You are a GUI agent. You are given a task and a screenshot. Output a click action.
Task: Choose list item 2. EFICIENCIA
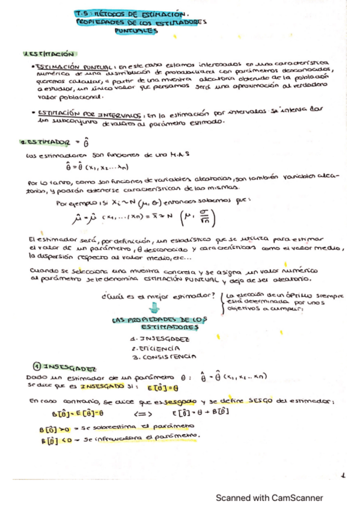pyautogui.click(x=153, y=348)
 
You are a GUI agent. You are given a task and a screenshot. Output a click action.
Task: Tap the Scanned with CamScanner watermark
pyautogui.click(x=269, y=497)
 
